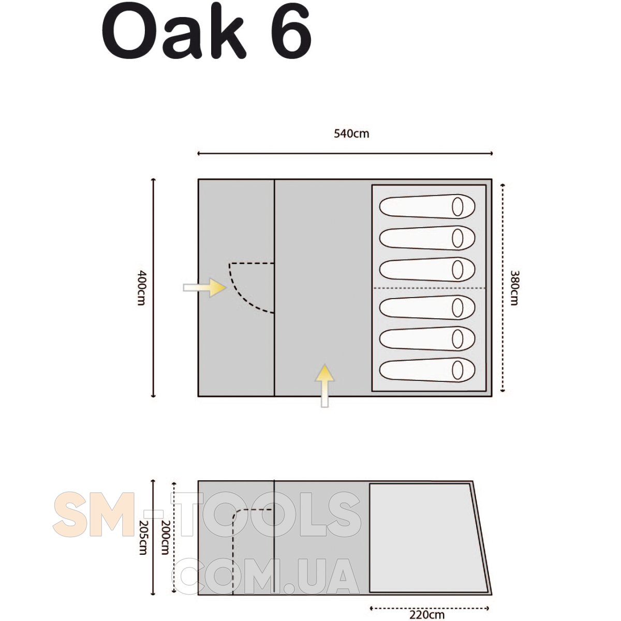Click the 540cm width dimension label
point(351,134)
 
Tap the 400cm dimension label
point(142,287)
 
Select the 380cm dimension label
point(514,287)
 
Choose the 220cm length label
point(427,614)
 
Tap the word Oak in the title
point(174,32)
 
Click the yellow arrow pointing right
point(204,287)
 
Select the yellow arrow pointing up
point(325,386)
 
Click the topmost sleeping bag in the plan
point(427,206)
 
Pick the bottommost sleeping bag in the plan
point(427,370)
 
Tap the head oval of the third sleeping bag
point(457,270)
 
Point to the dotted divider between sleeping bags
point(429,288)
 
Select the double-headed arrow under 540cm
point(345,153)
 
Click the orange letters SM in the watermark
point(94,514)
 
